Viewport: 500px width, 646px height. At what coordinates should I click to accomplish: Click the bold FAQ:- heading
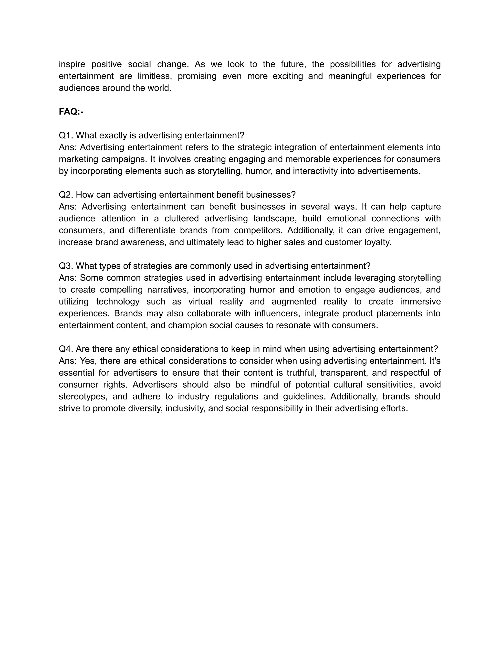click(71, 112)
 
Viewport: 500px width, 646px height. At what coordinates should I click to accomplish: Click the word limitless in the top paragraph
click(155, 76)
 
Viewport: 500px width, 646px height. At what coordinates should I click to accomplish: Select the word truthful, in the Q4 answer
click(301, 373)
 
